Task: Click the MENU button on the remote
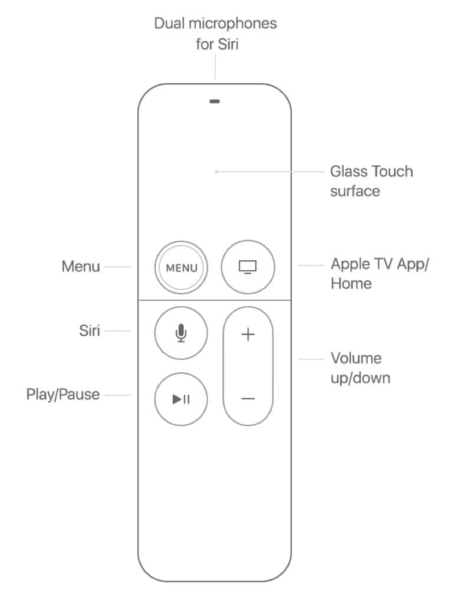pyautogui.click(x=181, y=267)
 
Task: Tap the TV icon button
pyautogui.click(x=248, y=267)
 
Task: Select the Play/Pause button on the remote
pyautogui.click(x=181, y=399)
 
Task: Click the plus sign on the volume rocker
pyautogui.click(x=248, y=334)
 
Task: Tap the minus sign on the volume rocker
pyautogui.click(x=248, y=398)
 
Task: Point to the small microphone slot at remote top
pyautogui.click(x=215, y=101)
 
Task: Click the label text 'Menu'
pyautogui.click(x=81, y=267)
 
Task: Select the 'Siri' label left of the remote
pyautogui.click(x=90, y=331)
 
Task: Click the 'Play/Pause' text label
pyautogui.click(x=63, y=395)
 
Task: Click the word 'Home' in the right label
pyautogui.click(x=351, y=284)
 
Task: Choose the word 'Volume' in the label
pyautogui.click(x=356, y=358)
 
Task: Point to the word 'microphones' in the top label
pyautogui.click(x=233, y=24)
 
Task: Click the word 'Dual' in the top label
pyautogui.click(x=169, y=24)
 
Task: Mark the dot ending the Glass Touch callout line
pyautogui.click(x=216, y=172)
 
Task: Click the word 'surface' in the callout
pyautogui.click(x=355, y=191)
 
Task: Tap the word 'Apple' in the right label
pyautogui.click(x=350, y=264)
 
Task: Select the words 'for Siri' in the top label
pyautogui.click(x=217, y=44)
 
